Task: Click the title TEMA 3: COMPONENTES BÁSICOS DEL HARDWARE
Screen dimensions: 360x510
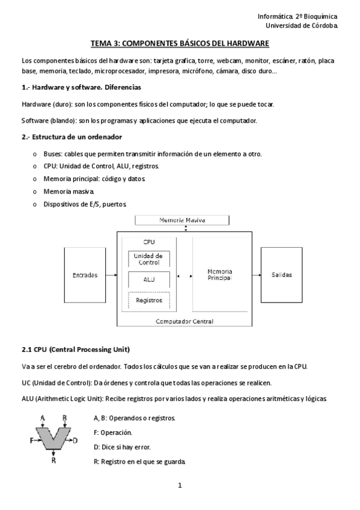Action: click(180, 43)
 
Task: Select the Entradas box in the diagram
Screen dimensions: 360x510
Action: click(85, 275)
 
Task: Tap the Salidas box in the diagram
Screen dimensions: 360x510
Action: click(281, 275)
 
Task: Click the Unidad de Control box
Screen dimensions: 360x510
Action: click(148, 259)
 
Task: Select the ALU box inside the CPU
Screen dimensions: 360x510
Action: click(149, 280)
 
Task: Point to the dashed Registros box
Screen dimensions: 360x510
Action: click(149, 300)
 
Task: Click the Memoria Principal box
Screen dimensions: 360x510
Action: click(219, 275)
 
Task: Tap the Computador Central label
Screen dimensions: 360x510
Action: click(185, 322)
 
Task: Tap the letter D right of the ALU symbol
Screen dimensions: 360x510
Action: click(76, 441)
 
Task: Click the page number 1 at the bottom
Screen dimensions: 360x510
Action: click(180, 485)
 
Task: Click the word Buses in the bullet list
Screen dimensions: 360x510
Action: click(53, 154)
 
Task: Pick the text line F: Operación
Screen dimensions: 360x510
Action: click(114, 432)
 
